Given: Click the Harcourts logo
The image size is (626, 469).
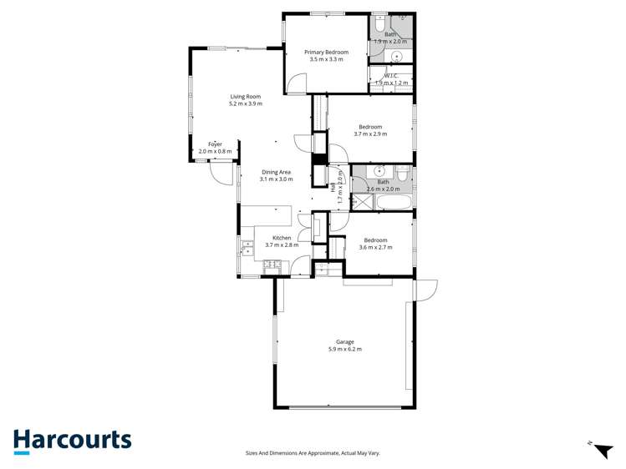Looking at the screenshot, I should click(72, 441).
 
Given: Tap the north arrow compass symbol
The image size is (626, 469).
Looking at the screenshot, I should click(600, 449).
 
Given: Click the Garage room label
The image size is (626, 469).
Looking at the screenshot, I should click(344, 345).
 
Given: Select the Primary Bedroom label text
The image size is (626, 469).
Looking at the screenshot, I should click(326, 56).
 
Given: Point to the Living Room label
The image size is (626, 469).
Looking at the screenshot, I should click(246, 100).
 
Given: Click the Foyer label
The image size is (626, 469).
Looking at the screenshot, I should click(215, 148).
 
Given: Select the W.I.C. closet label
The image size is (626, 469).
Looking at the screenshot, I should click(391, 79).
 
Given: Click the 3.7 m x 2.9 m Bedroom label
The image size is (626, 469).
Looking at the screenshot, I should click(370, 130).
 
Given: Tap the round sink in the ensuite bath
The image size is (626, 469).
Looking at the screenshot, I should click(397, 57).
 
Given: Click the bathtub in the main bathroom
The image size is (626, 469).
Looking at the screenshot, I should click(393, 203).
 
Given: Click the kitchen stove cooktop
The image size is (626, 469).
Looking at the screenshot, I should click(272, 266).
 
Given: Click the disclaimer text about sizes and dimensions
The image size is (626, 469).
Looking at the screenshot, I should click(313, 452).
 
